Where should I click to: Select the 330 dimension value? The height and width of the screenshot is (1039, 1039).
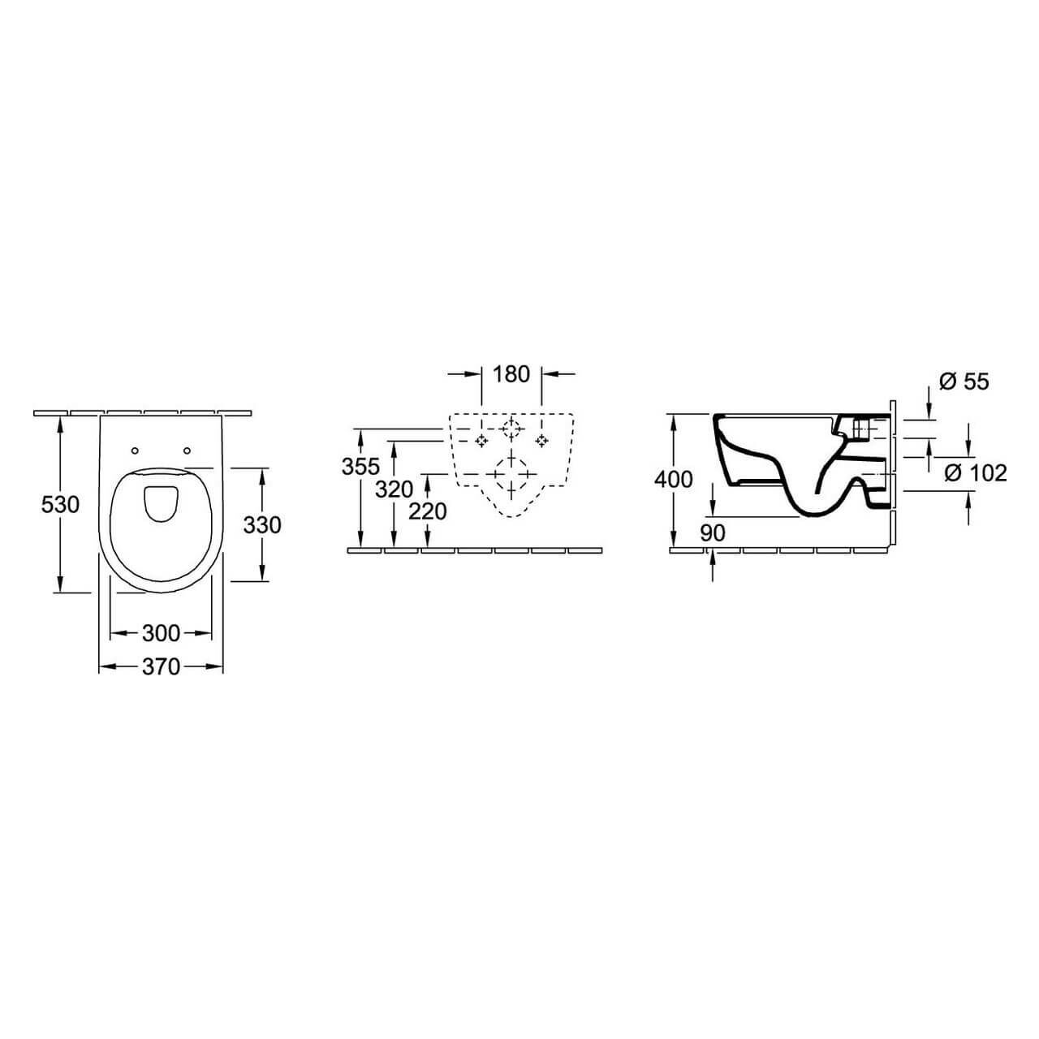(x=262, y=525)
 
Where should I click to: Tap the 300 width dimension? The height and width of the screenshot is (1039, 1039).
(x=161, y=632)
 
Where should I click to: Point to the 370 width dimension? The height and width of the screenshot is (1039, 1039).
(x=161, y=666)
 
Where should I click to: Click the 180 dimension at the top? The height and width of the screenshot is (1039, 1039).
(x=511, y=374)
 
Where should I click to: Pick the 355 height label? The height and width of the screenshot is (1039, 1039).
(x=360, y=467)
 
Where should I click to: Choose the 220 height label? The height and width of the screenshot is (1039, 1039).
(x=428, y=511)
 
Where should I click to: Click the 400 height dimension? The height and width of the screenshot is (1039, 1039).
(x=674, y=480)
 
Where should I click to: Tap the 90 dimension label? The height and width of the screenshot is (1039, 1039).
(x=713, y=532)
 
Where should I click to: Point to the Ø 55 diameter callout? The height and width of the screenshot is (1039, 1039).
(x=964, y=381)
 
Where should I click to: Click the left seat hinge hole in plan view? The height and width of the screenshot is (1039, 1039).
(x=135, y=451)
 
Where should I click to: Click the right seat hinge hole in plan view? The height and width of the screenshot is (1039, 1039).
(x=188, y=451)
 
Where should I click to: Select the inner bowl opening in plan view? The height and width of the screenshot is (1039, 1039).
(x=161, y=502)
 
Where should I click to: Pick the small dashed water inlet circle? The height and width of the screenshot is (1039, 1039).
(x=511, y=429)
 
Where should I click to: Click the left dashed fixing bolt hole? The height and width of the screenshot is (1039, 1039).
(x=482, y=440)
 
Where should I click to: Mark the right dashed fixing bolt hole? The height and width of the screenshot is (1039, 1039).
(x=541, y=440)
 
